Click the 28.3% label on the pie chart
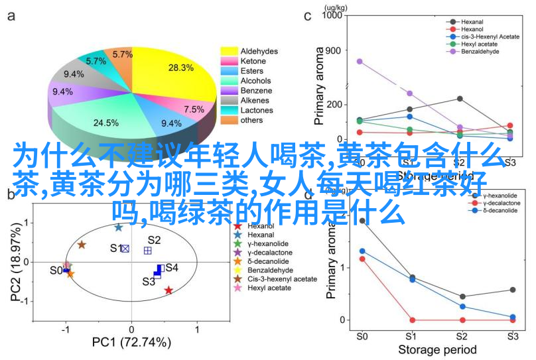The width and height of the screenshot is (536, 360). [x=180, y=68]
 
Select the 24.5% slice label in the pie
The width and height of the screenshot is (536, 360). [x=105, y=123]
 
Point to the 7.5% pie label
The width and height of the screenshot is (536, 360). [x=194, y=109]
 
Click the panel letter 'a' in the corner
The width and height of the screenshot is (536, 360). [x=11, y=17]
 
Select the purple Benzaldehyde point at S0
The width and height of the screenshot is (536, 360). [x=360, y=61]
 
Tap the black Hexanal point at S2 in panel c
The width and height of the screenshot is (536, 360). [x=460, y=99]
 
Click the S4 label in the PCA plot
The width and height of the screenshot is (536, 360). [x=172, y=267]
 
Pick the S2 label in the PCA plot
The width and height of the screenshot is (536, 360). [x=154, y=240]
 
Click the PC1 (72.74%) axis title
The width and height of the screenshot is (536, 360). [x=131, y=343]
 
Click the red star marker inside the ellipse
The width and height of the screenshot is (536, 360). [x=168, y=290]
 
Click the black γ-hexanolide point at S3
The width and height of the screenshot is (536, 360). [x=513, y=290]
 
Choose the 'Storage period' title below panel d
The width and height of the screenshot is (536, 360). [x=436, y=349]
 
